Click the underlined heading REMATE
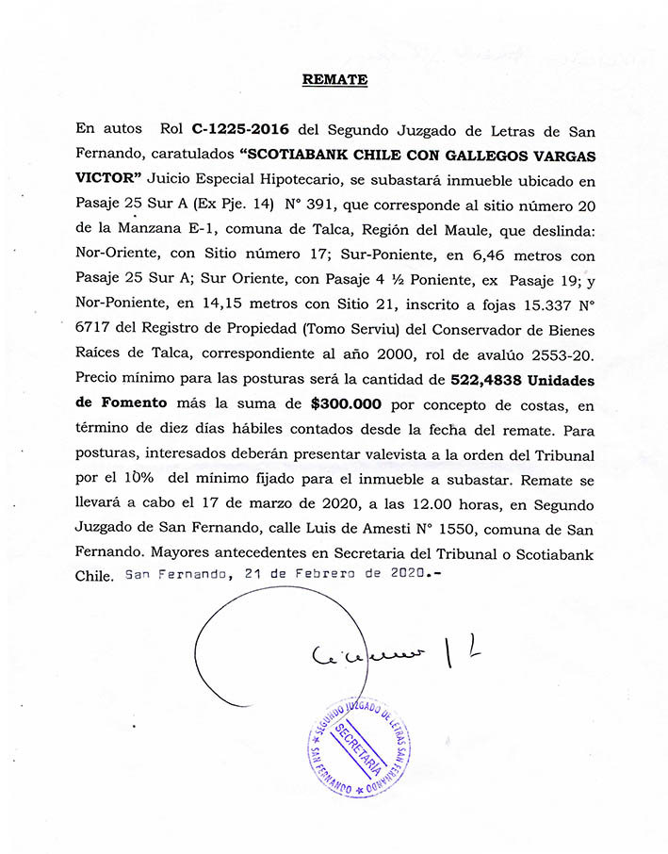coord(334,80)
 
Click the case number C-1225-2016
coord(239,128)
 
